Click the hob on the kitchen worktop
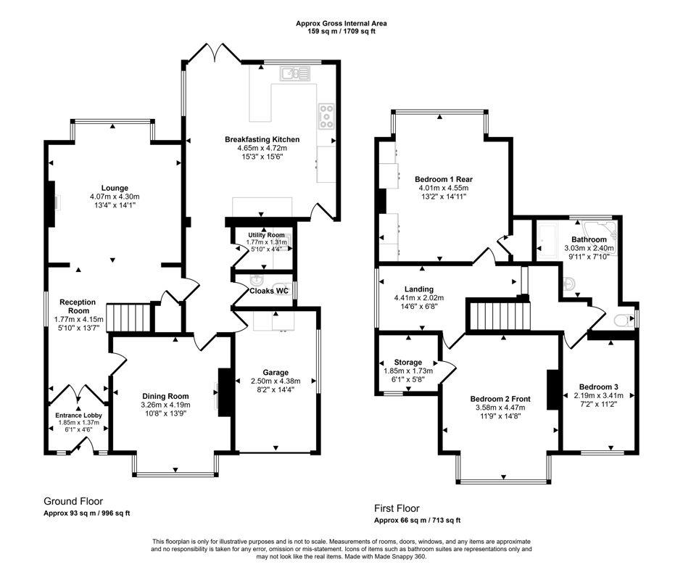tap(326, 114)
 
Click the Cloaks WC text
tap(269, 291)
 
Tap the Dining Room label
tap(165, 396)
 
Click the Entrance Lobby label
tap(80, 416)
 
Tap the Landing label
tap(419, 289)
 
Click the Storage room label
tap(408, 362)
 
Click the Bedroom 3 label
tap(598, 387)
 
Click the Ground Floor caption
tap(73, 501)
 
